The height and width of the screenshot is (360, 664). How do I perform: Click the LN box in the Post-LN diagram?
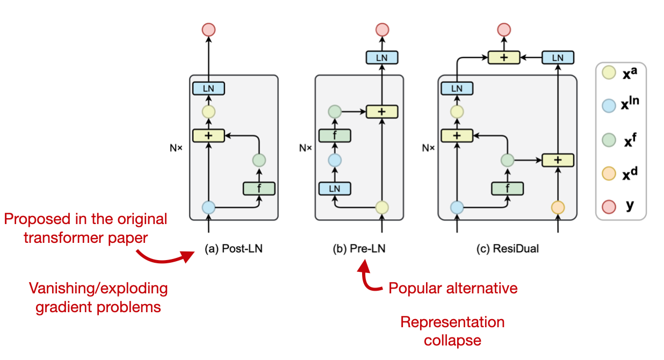pyautogui.click(x=208, y=88)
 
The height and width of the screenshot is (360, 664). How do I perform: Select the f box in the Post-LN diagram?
pyautogui.click(x=259, y=188)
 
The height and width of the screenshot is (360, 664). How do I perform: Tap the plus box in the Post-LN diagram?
pyautogui.click(x=208, y=135)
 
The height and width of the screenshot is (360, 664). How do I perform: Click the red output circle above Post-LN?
pyautogui.click(x=208, y=30)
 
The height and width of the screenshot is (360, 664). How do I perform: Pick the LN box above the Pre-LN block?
pyautogui.click(x=382, y=57)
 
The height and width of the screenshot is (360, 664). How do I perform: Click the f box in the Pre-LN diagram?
pyautogui.click(x=335, y=135)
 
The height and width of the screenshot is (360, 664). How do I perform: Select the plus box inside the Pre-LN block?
pyautogui.click(x=382, y=112)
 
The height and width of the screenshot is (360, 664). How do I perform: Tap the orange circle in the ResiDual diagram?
pyautogui.click(x=558, y=207)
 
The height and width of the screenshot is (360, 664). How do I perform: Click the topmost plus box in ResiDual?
pyautogui.click(x=504, y=57)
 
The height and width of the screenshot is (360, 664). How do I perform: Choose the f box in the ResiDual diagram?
pyautogui.click(x=508, y=188)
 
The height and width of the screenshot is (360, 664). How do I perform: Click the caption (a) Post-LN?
pyautogui.click(x=234, y=249)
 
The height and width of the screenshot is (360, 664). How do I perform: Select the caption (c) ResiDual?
pyautogui.click(x=507, y=249)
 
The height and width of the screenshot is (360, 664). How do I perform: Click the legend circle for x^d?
pyautogui.click(x=609, y=175)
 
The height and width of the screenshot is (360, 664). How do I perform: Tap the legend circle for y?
pyautogui.click(x=609, y=207)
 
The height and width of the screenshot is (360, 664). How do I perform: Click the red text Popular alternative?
pyautogui.click(x=453, y=288)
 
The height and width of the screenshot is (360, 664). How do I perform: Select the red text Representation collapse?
pyautogui.click(x=452, y=331)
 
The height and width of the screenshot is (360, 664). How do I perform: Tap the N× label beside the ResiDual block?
pyautogui.click(x=428, y=147)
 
